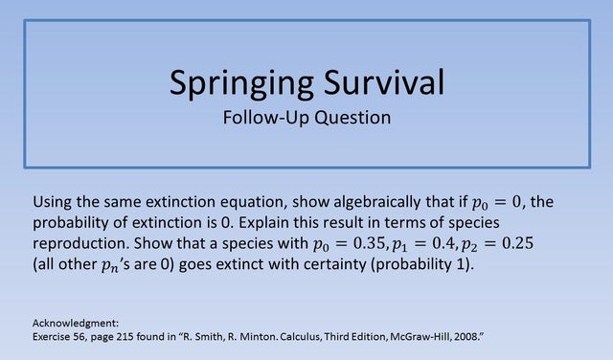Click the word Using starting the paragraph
coord(53,203)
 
